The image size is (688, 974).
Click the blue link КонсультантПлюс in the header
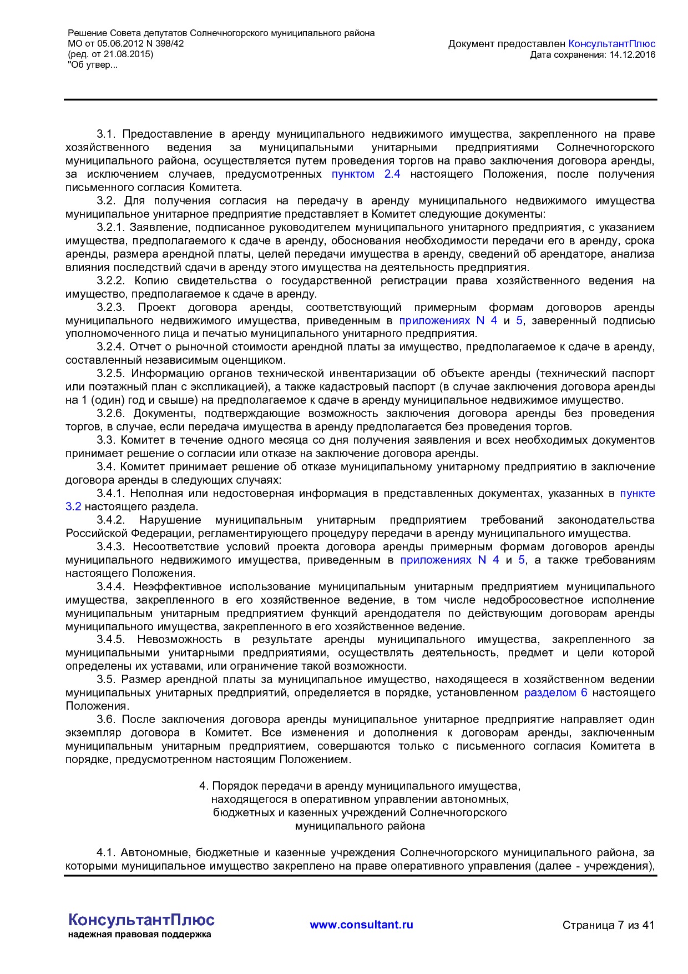612,44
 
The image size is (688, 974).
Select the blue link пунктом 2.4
366,174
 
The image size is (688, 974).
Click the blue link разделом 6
555,693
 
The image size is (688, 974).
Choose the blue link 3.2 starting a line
73,507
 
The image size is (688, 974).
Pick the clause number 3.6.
105,720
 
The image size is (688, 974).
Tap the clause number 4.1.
105,852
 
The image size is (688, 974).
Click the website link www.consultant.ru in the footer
361,925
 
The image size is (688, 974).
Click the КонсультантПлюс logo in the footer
141,920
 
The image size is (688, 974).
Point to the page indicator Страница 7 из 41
608,925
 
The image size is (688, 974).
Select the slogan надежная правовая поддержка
139,935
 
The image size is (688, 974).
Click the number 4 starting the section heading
203,786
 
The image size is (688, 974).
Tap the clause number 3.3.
105,440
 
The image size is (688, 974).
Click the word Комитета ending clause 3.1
213,188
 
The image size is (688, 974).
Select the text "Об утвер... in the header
93,65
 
